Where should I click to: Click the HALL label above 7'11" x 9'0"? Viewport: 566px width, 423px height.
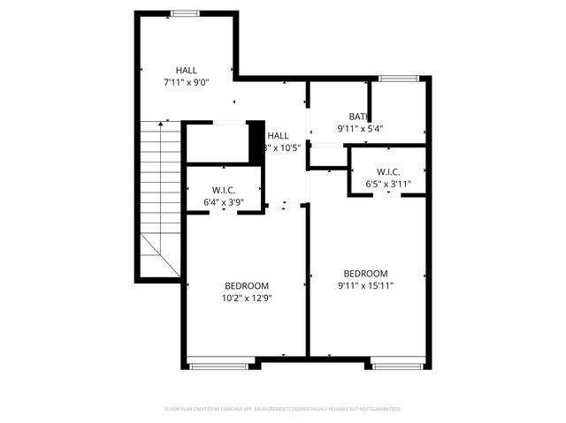click(x=187, y=70)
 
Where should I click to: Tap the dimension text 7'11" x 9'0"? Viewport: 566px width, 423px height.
click(x=187, y=82)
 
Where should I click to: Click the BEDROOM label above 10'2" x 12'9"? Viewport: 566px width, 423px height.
click(x=247, y=285)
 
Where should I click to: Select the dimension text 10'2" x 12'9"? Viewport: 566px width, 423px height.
click(x=247, y=298)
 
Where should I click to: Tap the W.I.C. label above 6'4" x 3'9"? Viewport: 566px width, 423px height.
click(x=223, y=191)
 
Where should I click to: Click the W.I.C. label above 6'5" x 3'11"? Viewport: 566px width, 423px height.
click(x=389, y=171)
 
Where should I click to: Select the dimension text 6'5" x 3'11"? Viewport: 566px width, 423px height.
click(x=389, y=184)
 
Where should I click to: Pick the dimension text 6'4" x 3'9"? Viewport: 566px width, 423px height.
click(x=223, y=203)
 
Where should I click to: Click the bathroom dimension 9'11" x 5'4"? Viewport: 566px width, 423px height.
click(x=359, y=129)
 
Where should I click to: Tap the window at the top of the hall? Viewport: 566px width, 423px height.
click(x=185, y=13)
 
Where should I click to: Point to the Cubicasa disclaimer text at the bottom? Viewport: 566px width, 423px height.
click(x=283, y=409)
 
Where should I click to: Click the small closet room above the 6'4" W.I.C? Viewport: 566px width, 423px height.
click(x=216, y=143)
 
